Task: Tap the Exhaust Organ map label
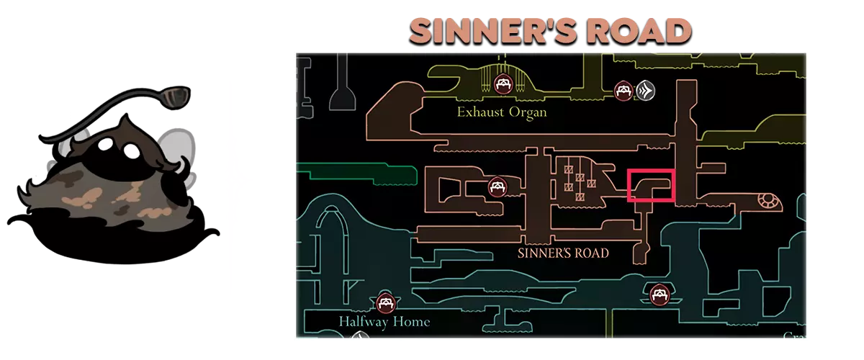502,112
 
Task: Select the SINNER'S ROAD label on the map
563,253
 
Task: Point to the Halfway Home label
384,321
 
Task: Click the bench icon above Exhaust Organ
502,84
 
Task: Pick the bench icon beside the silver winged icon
623,90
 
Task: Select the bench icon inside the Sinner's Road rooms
496,187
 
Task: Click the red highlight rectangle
652,186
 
